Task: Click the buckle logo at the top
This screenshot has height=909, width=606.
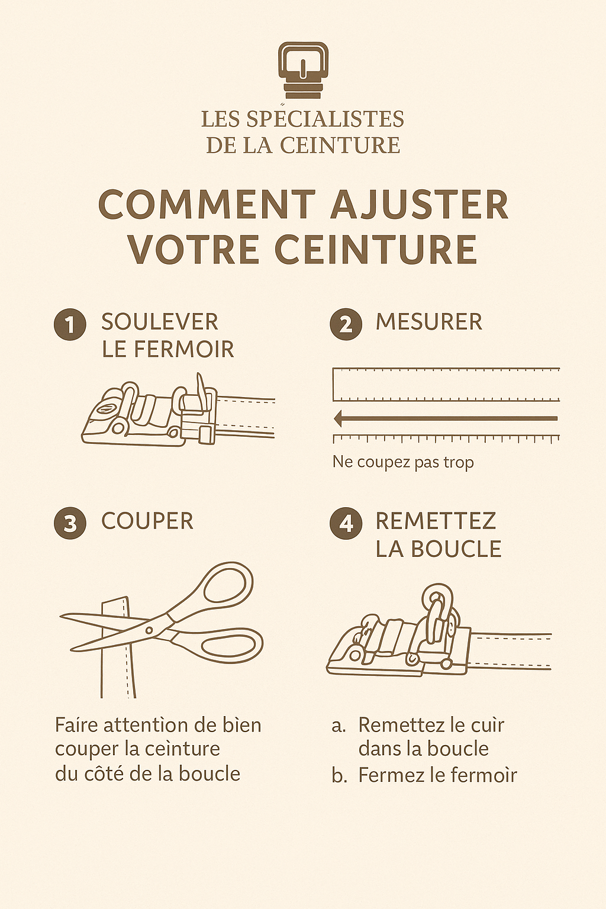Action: [x=303, y=70]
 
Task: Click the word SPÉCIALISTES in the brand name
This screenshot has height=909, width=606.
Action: [x=325, y=119]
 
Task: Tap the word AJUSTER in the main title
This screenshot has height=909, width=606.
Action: [x=419, y=205]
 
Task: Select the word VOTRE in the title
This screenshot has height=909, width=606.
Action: [x=194, y=249]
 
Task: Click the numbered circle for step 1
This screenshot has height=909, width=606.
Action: [x=70, y=325]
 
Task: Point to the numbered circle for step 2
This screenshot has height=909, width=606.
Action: [x=346, y=325]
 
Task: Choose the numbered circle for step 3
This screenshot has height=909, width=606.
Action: [x=70, y=524]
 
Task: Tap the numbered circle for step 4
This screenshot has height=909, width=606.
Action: [x=346, y=524]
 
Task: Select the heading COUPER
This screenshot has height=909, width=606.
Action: [x=147, y=521]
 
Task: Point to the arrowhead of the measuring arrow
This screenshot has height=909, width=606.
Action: [x=339, y=419]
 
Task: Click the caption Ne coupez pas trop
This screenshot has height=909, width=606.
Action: [x=403, y=462]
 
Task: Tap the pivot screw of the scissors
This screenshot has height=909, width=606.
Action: [x=149, y=630]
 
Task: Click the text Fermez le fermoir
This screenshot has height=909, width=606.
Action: [x=437, y=775]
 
